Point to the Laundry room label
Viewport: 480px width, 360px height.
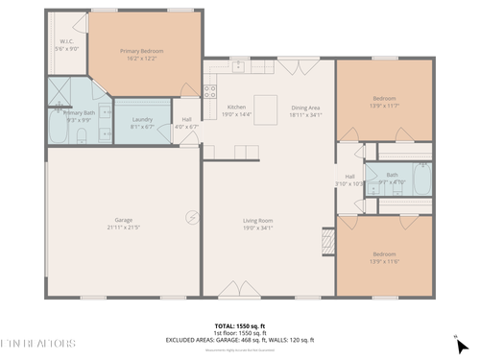click(x=141, y=123)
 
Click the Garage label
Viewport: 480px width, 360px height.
click(x=124, y=224)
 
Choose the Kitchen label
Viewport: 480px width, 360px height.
click(x=236, y=110)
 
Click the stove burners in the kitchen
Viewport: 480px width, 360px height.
click(x=209, y=91)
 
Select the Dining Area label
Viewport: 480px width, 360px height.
click(x=306, y=110)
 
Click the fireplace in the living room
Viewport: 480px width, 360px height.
click(x=328, y=240)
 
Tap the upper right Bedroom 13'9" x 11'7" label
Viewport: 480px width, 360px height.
click(x=384, y=102)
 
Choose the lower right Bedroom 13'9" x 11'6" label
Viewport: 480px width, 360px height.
click(x=384, y=257)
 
